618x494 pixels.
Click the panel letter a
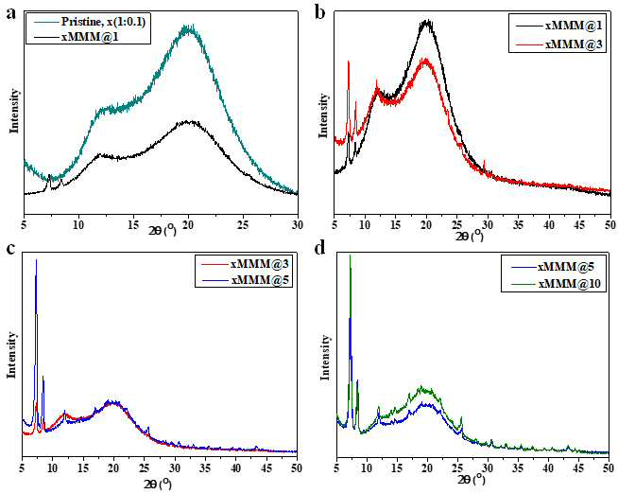12,14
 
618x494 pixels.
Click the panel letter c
11,249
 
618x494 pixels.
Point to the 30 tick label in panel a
298,225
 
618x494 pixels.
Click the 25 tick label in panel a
243,225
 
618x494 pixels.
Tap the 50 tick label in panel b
610,225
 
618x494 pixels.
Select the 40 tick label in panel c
235,468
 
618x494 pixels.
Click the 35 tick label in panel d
518,468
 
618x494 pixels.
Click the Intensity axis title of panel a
14,112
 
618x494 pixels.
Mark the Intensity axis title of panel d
325,357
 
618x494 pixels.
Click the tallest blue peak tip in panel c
36,259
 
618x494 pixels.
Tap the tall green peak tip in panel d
350,256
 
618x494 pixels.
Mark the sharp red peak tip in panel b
349,61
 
